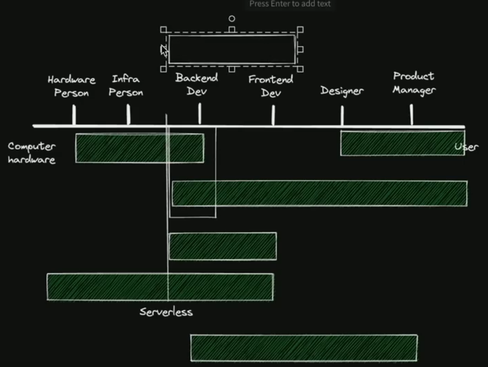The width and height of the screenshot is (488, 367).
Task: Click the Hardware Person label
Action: click(71, 86)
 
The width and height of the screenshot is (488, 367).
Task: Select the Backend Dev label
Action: click(196, 85)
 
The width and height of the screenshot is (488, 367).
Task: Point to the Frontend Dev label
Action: click(270, 86)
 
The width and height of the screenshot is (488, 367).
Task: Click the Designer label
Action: click(342, 91)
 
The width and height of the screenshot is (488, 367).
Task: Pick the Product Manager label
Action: click(414, 83)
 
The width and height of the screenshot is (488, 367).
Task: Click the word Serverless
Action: click(166, 312)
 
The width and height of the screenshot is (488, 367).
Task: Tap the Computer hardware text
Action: click(32, 153)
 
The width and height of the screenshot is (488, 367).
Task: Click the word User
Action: click(466, 147)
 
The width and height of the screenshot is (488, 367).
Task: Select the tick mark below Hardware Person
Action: click(74, 115)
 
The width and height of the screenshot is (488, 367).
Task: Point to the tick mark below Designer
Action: click(342, 115)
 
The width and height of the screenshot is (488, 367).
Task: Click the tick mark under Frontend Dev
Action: click(273, 115)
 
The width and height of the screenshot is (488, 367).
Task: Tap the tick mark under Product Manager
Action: click(411, 114)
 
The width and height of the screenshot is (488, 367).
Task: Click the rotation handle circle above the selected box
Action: click(232, 19)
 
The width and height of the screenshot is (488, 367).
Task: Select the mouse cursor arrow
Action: click(164, 50)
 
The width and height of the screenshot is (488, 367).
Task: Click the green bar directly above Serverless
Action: click(160, 287)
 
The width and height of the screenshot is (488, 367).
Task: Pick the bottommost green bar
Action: click(303, 348)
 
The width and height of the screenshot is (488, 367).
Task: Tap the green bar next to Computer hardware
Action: click(140, 148)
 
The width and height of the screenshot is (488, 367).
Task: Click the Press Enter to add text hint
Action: click(289, 4)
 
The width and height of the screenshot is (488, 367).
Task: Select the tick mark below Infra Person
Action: click(128, 115)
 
